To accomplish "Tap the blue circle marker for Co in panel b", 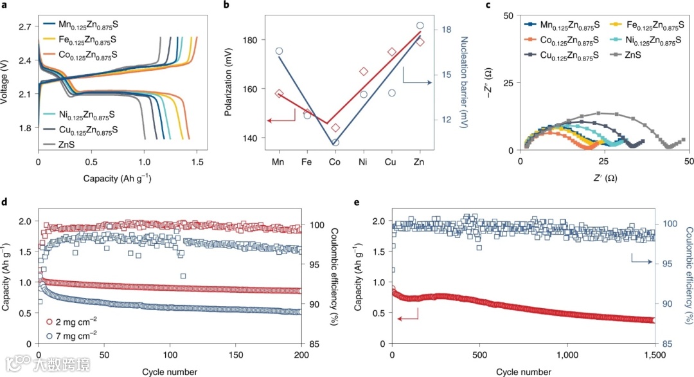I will (335, 142).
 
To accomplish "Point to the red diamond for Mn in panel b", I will (279, 94).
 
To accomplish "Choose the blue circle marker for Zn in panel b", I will (420, 26).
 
